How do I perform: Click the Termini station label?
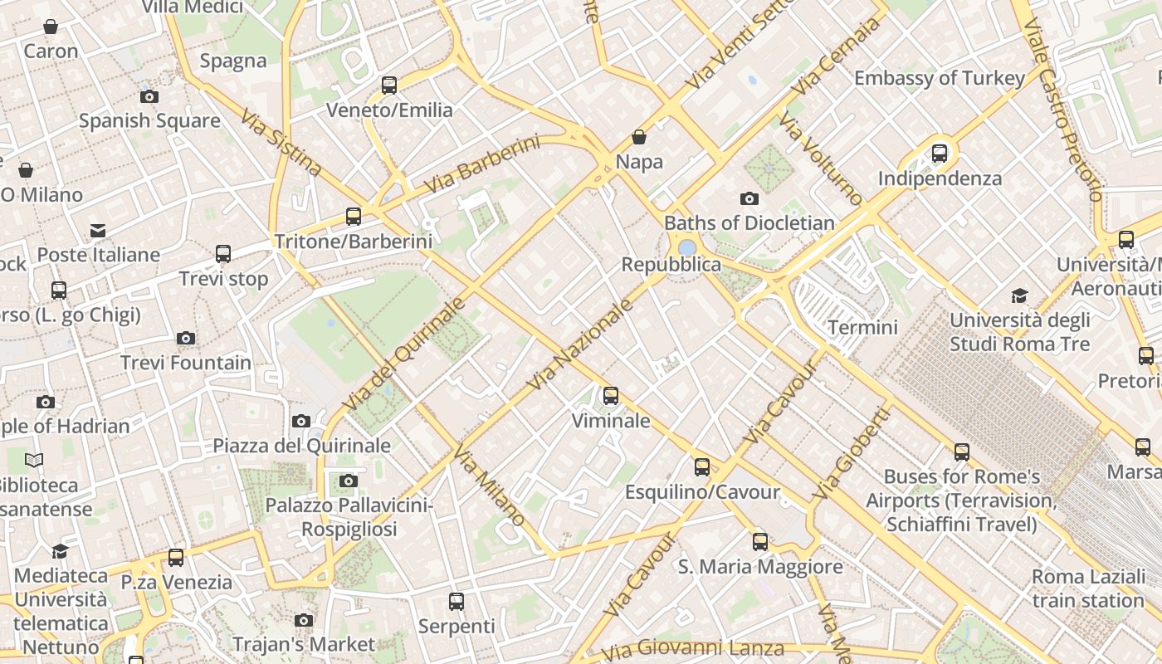pos(862,327)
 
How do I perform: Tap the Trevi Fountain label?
pos(186,363)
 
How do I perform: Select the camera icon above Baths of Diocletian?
pos(749,198)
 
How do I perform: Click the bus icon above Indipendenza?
pos(940,153)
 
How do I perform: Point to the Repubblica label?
pos(671,265)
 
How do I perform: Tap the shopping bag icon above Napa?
pos(639,137)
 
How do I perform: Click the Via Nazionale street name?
pos(581,344)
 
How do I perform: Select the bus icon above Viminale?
pos(611,396)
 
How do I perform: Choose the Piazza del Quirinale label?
pos(301,446)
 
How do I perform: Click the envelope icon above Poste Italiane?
pos(99,230)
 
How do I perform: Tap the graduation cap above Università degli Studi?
pos(1019,295)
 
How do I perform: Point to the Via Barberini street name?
pos(481,165)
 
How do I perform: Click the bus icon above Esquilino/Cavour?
pos(702,467)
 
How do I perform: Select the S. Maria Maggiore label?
pos(760,567)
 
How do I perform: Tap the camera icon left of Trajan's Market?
pos(304,620)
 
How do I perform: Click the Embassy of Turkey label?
pos(940,78)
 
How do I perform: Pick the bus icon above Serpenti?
pos(456,602)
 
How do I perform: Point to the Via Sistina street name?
pos(281,142)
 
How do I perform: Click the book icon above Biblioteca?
pos(34,460)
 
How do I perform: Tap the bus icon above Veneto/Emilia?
pos(389,85)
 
